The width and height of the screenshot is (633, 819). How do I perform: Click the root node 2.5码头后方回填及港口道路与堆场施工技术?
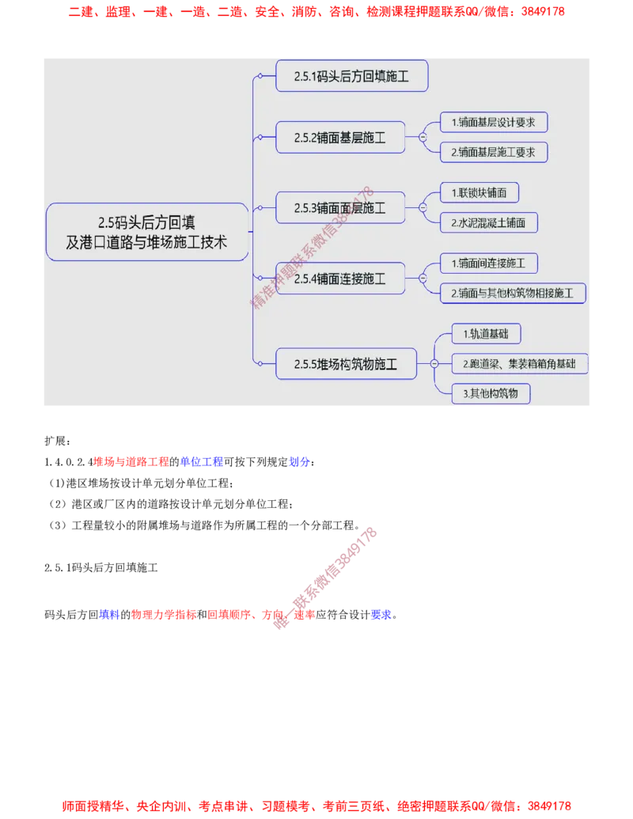147,232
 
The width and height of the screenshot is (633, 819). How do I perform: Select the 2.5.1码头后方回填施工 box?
351,76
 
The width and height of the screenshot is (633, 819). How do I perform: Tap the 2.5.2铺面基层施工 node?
340,138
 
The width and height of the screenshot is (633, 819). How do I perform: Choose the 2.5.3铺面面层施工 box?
340,208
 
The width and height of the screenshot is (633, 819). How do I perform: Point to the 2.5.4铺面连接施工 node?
340,278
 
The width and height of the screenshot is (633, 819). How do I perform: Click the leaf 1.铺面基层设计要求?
494,123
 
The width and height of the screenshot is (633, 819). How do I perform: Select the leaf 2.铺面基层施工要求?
494,152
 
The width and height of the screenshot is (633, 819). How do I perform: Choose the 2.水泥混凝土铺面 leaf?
489,222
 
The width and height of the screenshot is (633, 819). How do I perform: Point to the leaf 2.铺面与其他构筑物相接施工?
513,293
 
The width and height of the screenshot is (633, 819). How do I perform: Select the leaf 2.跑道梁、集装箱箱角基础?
519,364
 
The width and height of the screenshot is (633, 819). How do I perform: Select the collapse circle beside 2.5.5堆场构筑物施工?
434,364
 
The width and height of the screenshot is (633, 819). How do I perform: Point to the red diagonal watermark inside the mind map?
311,248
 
